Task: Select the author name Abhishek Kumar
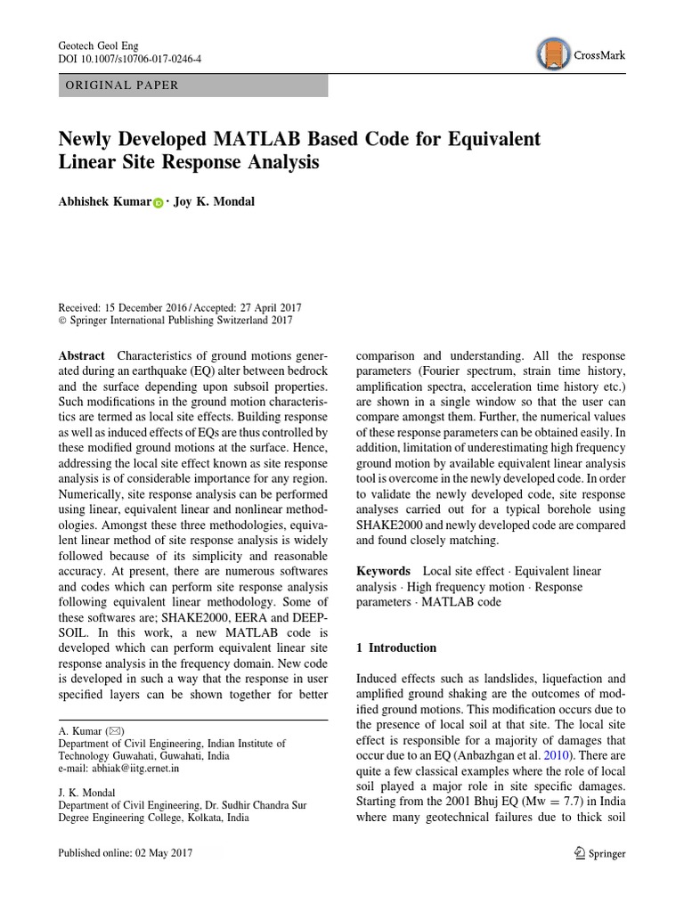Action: click(103, 201)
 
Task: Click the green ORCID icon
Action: click(158, 203)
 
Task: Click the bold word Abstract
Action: click(81, 354)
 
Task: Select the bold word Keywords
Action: click(383, 571)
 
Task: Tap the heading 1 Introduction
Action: click(396, 647)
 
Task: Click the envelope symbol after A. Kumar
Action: click(114, 730)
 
